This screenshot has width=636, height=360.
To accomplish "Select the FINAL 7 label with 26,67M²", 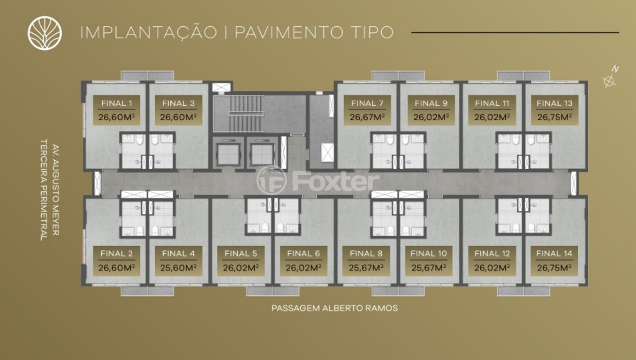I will pos(367,110).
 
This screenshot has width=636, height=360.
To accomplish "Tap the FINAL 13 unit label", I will pos(554,110).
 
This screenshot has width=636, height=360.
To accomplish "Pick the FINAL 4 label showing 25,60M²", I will pos(178,261).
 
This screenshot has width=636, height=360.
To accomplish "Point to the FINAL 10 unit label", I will pos(429,261).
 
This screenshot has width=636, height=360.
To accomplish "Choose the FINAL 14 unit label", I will pos(554,261).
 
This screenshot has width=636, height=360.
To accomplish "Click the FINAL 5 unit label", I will pos(241,261).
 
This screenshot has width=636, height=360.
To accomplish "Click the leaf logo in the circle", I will pos(45,32).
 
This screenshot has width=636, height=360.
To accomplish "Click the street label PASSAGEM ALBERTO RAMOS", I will pos(334,308).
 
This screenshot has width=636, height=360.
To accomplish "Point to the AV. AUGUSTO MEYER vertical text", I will pos(55,189).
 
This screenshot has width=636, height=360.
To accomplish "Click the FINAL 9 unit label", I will pos(431,110).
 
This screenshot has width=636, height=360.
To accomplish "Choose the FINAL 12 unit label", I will pos(492,261).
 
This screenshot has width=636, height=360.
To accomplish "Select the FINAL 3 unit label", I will pos(178,110).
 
